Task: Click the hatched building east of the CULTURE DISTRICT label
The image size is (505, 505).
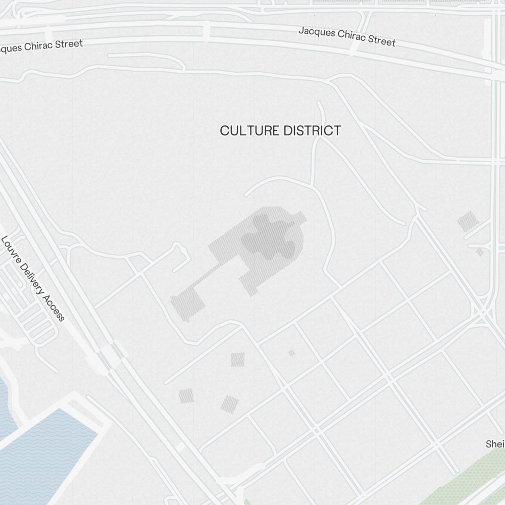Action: point(468,222)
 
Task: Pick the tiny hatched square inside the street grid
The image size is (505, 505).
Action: point(291,353)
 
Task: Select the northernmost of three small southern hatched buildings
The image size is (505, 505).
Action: point(237,360)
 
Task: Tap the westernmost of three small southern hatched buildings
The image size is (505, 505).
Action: point(186,396)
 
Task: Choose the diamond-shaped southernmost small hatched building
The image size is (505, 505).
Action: point(230,404)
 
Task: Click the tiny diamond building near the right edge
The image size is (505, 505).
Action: point(480,251)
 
